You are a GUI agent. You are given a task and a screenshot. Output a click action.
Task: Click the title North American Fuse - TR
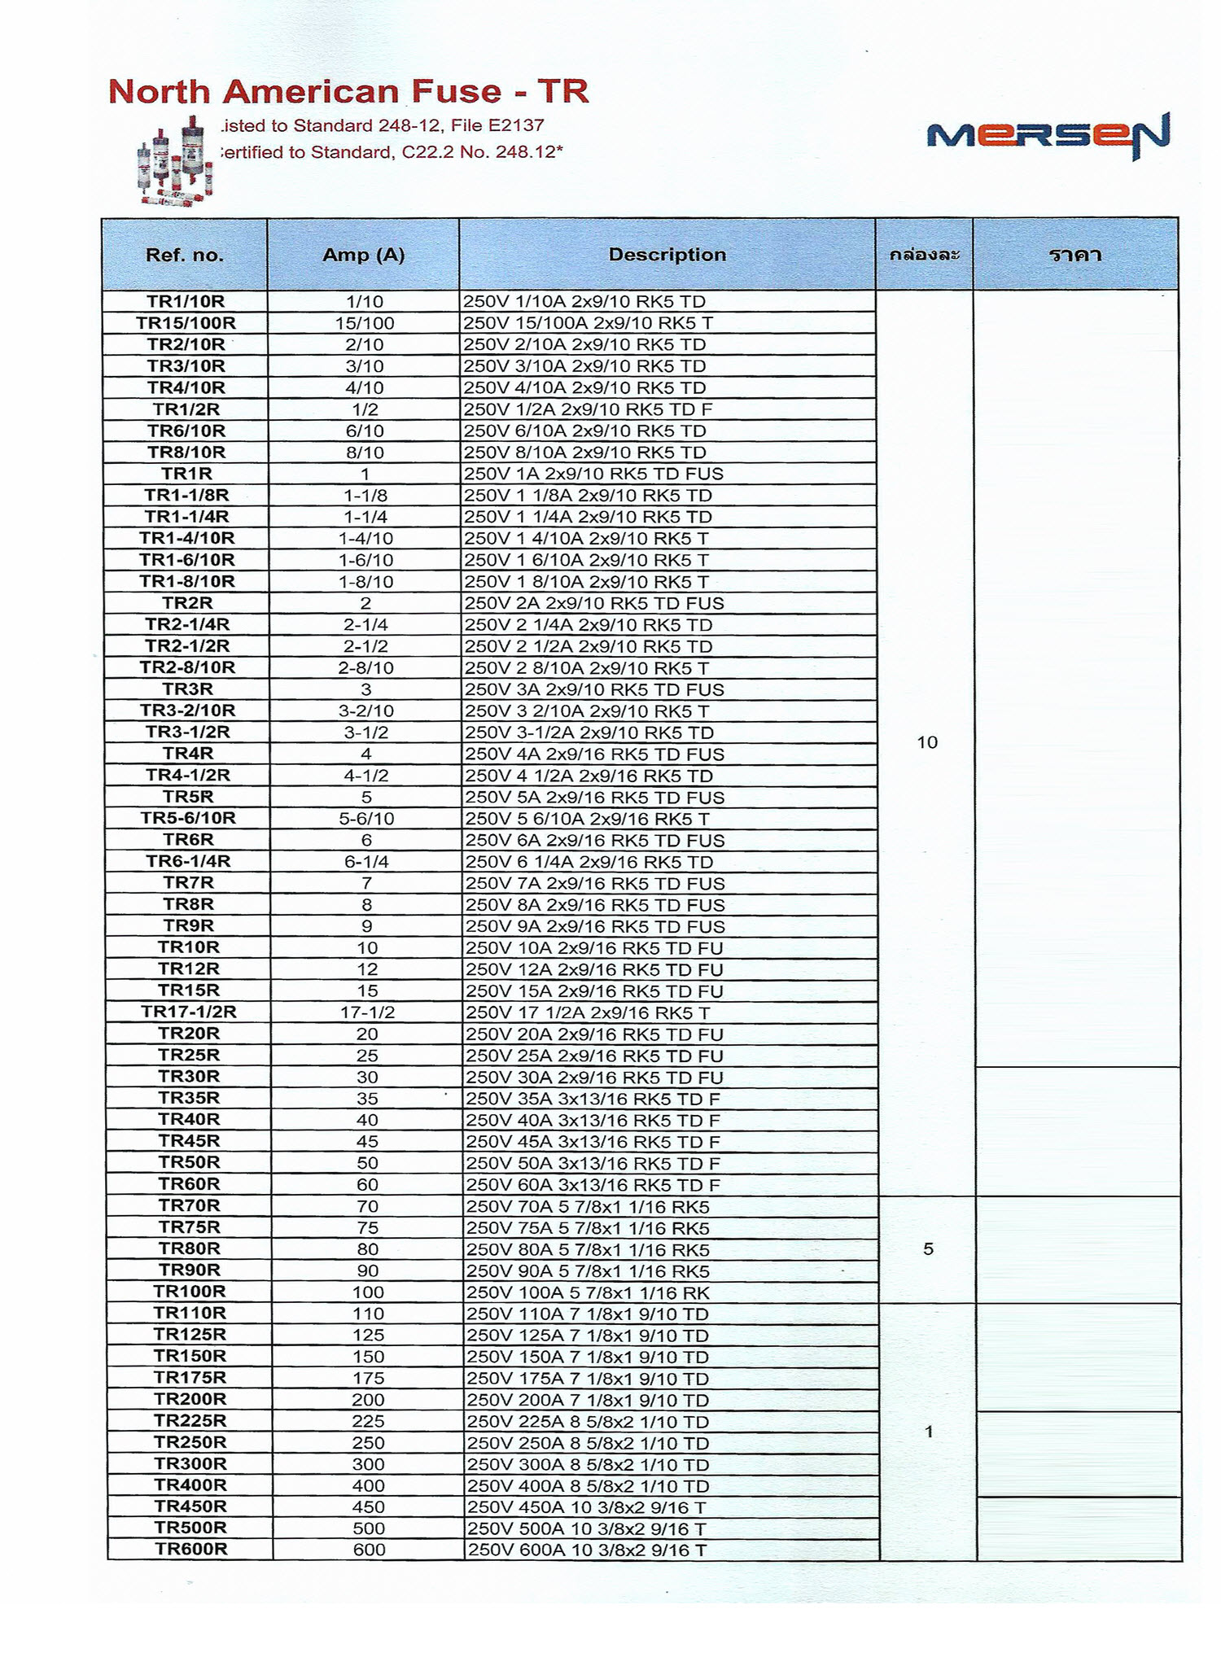(348, 91)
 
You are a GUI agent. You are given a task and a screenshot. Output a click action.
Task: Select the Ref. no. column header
(184, 255)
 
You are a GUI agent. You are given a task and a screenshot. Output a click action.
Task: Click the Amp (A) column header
(363, 255)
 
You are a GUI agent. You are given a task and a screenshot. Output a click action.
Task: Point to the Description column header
(667, 255)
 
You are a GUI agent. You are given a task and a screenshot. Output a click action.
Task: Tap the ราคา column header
(1075, 255)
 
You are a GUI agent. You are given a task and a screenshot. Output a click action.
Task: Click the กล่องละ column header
(925, 255)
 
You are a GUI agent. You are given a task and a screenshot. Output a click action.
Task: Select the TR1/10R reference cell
(186, 301)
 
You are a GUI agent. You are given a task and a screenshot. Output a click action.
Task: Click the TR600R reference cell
(191, 1549)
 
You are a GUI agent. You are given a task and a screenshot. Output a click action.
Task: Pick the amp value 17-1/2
(367, 1012)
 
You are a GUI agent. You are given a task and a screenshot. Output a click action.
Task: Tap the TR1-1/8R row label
(186, 495)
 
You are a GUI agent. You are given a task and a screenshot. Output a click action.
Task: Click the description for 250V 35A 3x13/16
(592, 1099)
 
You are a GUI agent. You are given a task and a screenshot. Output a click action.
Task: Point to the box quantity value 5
(928, 1249)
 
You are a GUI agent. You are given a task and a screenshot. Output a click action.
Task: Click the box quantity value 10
(927, 742)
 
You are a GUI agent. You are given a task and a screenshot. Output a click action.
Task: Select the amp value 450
(368, 1506)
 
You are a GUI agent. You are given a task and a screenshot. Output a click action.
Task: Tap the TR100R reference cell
(190, 1292)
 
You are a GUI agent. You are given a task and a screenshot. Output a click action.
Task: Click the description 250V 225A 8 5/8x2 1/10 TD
(587, 1421)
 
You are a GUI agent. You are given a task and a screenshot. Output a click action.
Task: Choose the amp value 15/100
(365, 323)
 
